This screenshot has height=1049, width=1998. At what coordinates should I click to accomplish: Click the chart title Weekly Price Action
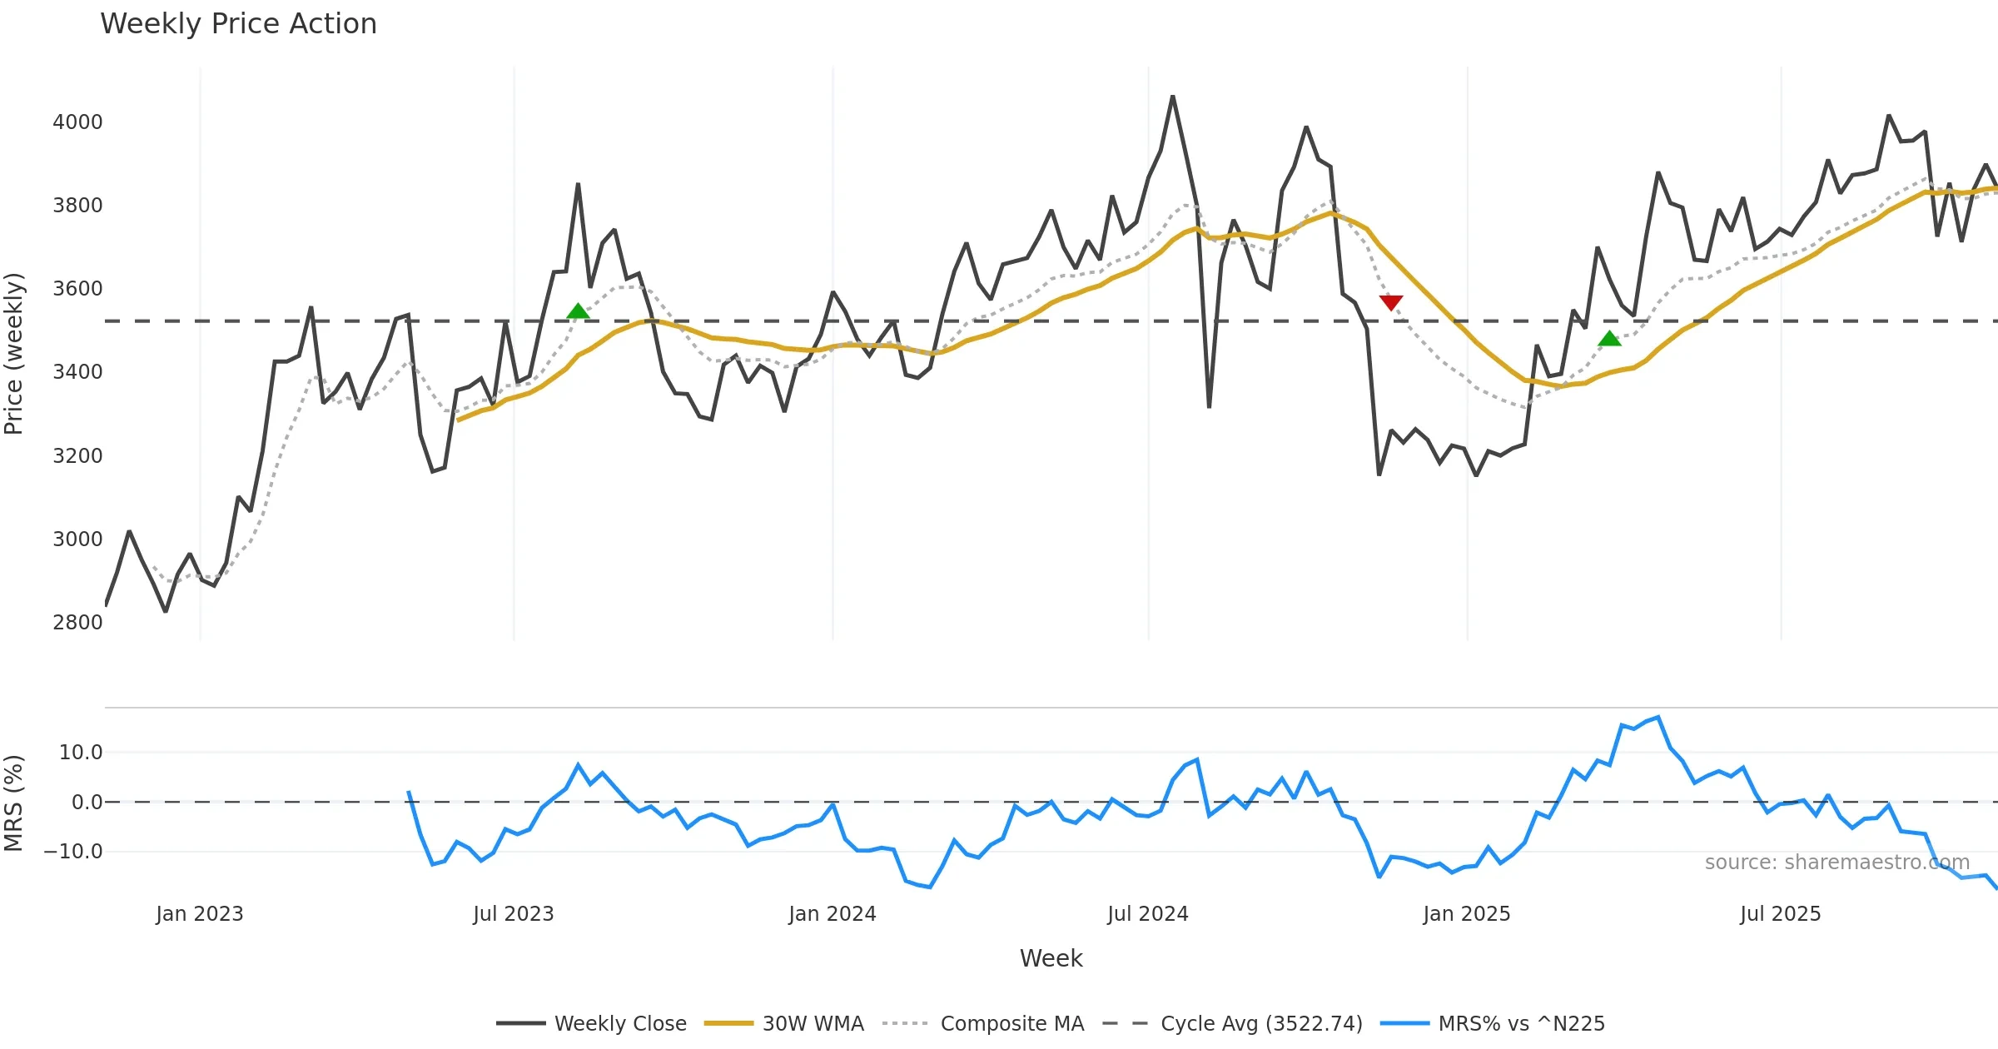[238, 24]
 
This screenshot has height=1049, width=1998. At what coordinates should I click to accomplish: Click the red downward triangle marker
[1391, 302]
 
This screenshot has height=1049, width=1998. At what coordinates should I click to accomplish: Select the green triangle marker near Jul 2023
[578, 311]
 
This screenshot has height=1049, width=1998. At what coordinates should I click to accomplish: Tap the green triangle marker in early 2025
[1609, 338]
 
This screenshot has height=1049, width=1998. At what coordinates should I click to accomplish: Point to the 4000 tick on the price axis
[77, 122]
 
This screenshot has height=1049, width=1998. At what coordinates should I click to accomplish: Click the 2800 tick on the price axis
[77, 623]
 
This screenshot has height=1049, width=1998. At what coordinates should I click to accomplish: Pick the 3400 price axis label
[77, 372]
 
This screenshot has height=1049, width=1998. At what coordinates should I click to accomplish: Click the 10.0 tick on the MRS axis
[81, 753]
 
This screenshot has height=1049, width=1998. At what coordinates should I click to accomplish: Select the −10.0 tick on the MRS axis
[73, 852]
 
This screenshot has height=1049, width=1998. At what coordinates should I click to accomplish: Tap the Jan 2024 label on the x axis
[832, 914]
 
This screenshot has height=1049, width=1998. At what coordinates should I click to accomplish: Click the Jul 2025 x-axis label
[1780, 914]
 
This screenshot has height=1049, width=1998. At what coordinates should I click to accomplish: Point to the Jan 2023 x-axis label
[200, 914]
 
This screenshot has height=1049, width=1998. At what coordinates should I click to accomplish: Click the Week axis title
[1051, 959]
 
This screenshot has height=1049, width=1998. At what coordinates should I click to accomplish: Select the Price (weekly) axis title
[14, 354]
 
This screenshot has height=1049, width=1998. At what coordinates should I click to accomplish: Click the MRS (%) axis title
[14, 803]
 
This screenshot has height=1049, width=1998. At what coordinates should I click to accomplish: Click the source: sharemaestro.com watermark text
[1836, 863]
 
